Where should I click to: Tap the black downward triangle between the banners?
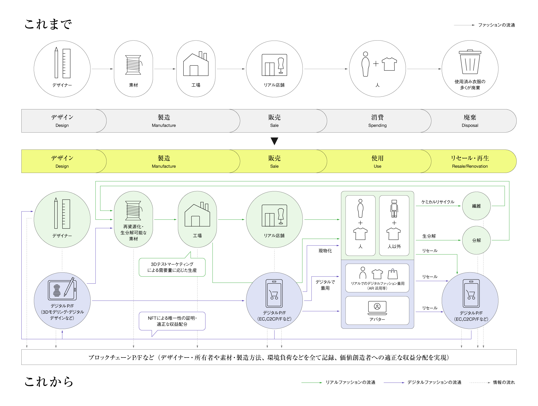[274, 141]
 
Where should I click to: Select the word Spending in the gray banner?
[377, 125]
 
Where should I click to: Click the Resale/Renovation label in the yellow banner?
[470, 166]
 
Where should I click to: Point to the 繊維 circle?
[476, 206]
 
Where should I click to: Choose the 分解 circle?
[476, 240]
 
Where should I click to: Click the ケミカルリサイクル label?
[438, 202]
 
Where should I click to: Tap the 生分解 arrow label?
[429, 236]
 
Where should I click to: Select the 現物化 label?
[325, 251]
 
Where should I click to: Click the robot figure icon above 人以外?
[394, 208]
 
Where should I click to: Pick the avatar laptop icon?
[377, 308]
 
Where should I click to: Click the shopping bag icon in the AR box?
[393, 274]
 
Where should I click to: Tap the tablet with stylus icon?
[62, 289]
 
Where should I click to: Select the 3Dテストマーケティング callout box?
[172, 267]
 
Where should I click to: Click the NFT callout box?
[172, 321]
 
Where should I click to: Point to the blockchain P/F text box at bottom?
[269, 357]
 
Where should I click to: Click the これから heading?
[49, 381]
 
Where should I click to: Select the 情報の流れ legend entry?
[504, 382]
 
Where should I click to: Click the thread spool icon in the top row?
[134, 65]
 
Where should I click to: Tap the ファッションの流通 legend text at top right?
[496, 25]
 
